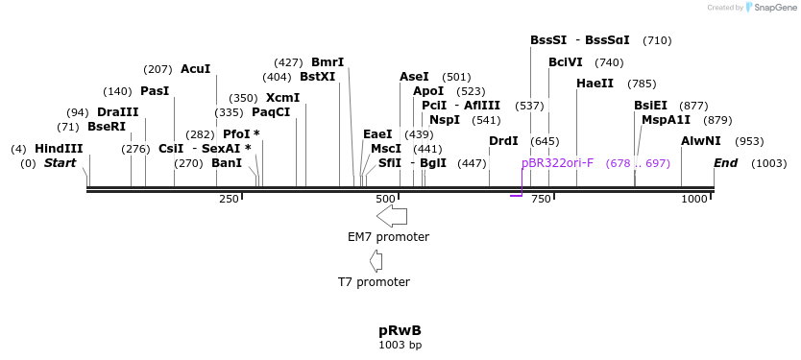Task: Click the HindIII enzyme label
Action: pos(59,149)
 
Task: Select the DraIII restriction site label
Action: pos(117,112)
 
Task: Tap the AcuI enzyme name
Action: pos(195,69)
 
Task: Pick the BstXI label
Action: pos(317,77)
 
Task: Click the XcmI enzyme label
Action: pos(282,98)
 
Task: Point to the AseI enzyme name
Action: pos(414,77)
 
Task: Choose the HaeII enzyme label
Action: pos(595,84)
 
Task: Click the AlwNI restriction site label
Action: pos(700,141)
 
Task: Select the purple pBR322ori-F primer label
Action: pos(557,163)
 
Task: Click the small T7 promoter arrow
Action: pos(376,260)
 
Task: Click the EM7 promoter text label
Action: pos(388,237)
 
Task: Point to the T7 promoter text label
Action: pos(374,282)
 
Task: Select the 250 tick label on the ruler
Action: pos(229,199)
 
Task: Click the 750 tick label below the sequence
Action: pos(541,199)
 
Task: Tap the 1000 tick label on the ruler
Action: pos(693,199)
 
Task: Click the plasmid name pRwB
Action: pos(400,330)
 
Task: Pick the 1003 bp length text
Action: pos(400,345)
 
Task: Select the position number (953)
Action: pos(749,141)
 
